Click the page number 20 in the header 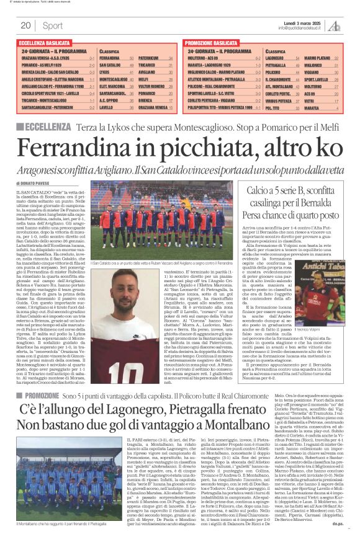[25, 25]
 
